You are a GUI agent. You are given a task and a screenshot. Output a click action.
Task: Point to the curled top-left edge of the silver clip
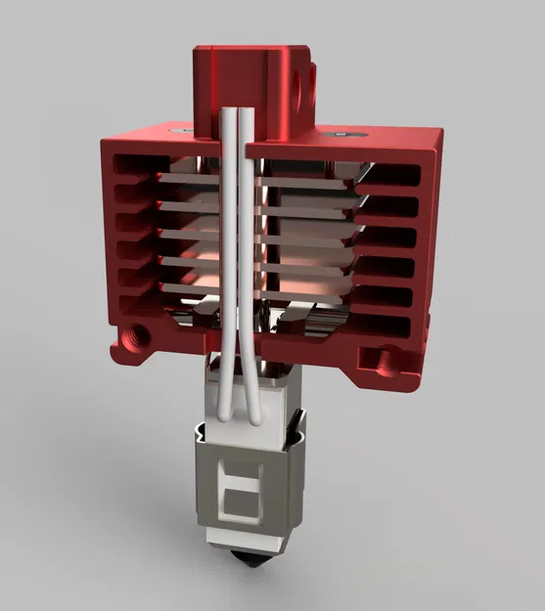(201, 429)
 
